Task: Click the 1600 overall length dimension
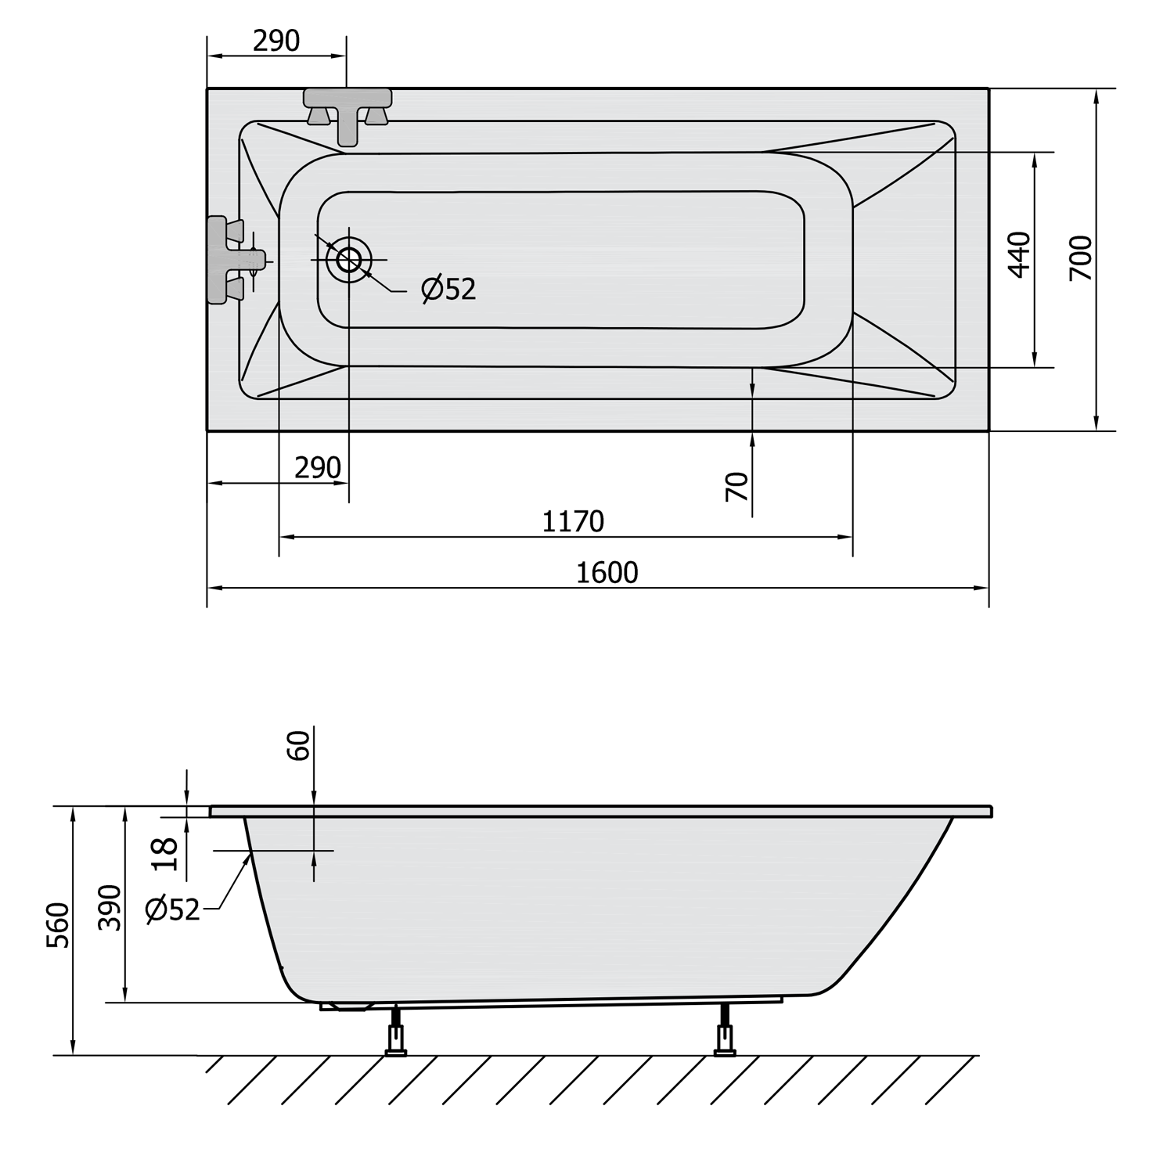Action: [607, 573]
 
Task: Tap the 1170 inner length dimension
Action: [574, 521]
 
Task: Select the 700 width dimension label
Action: [1081, 258]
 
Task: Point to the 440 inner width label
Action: [1020, 254]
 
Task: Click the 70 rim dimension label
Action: [737, 487]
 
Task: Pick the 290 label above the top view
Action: [276, 41]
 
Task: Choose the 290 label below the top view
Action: [318, 468]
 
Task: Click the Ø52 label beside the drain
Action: [448, 289]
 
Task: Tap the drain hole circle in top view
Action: [349, 259]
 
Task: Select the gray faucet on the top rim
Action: [348, 114]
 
